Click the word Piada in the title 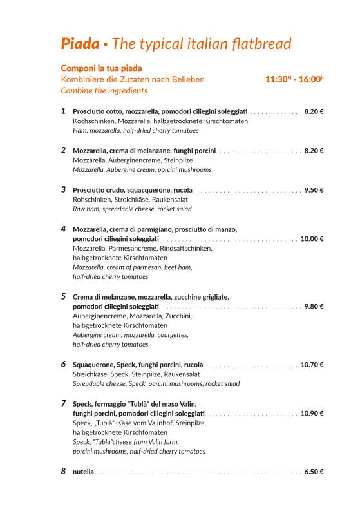[80, 44]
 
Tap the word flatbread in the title [260, 44]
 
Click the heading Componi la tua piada [101, 68]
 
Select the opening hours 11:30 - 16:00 [294, 79]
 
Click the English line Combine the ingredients [104, 90]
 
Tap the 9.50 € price [314, 190]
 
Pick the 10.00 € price [312, 239]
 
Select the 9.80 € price [314, 307]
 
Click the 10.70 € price [312, 365]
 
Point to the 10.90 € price [312, 414]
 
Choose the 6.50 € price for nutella [314, 472]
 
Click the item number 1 [64, 111]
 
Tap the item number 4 [64, 229]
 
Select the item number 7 [64, 403]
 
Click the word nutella [83, 472]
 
